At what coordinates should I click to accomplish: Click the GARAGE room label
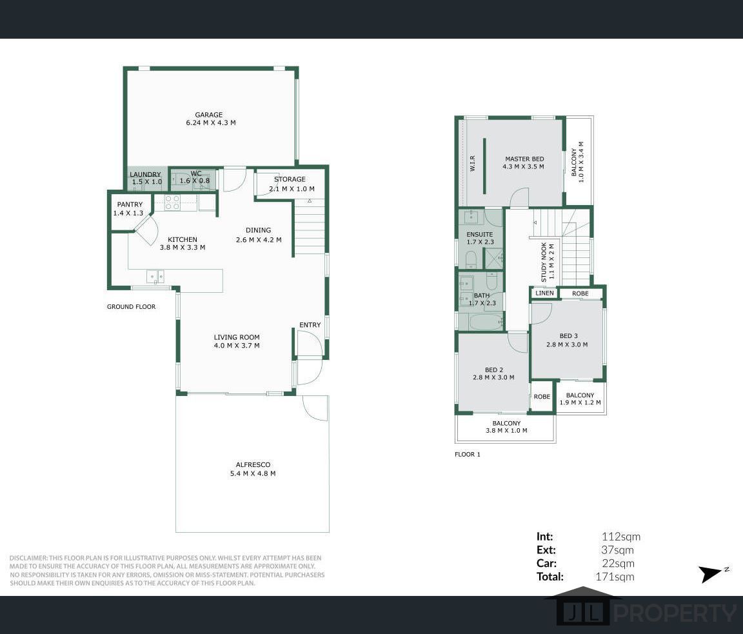[x=208, y=115]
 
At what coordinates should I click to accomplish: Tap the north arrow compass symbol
[x=713, y=573]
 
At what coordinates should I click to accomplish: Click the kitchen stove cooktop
[x=172, y=203]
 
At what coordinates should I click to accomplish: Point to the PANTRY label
[x=130, y=204]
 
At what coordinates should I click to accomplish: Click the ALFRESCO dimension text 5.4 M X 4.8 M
[x=252, y=473]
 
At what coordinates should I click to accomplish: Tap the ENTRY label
[x=310, y=325]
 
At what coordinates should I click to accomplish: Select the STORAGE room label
[x=290, y=179]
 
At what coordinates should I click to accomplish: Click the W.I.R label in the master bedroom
[x=473, y=164]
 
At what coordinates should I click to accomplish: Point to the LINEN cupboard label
[x=544, y=293]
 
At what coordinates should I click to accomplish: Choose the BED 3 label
[x=569, y=335]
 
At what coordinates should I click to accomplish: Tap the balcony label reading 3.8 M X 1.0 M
[x=506, y=431]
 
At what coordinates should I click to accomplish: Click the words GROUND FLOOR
[x=131, y=307]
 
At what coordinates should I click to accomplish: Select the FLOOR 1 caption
[x=468, y=455]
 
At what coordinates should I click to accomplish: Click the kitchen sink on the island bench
[x=155, y=276]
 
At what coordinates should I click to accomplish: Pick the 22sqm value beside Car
[x=617, y=564]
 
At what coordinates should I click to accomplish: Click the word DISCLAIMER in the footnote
[x=28, y=558]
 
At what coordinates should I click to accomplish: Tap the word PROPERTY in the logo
[x=673, y=612]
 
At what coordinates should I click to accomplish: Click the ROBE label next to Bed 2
[x=542, y=397]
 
